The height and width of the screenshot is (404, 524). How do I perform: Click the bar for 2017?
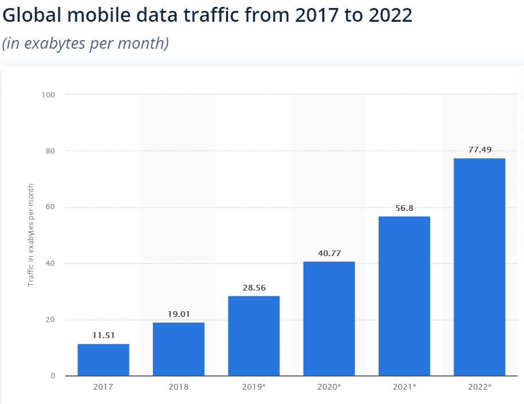pyautogui.click(x=103, y=360)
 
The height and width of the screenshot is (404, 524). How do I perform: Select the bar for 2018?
pyautogui.click(x=179, y=349)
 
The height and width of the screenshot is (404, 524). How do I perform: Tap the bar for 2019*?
pyautogui.click(x=254, y=336)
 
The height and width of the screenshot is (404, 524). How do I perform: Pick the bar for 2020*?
pyautogui.click(x=329, y=319)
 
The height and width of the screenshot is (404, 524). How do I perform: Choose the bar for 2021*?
pyautogui.click(x=404, y=296)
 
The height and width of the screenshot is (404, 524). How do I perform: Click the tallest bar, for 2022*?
pyautogui.click(x=479, y=267)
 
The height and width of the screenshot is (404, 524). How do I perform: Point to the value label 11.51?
pyautogui.click(x=103, y=336)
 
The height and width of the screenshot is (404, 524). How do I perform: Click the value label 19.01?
pyautogui.click(x=179, y=314)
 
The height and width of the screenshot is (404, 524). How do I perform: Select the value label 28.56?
pyautogui.click(x=254, y=288)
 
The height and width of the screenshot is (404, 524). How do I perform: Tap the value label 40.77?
pyautogui.click(x=329, y=253)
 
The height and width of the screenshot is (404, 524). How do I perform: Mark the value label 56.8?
pyautogui.click(x=404, y=208)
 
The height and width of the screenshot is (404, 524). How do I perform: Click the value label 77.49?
pyautogui.click(x=479, y=150)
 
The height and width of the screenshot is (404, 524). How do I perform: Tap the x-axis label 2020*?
pyautogui.click(x=329, y=387)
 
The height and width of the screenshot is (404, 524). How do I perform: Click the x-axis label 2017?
pyautogui.click(x=103, y=387)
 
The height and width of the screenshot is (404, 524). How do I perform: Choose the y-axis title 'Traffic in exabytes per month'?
pyautogui.click(x=31, y=235)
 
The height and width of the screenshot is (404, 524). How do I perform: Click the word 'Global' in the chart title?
pyautogui.click(x=35, y=15)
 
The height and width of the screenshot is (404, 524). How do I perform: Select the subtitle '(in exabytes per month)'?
pyautogui.click(x=85, y=44)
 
